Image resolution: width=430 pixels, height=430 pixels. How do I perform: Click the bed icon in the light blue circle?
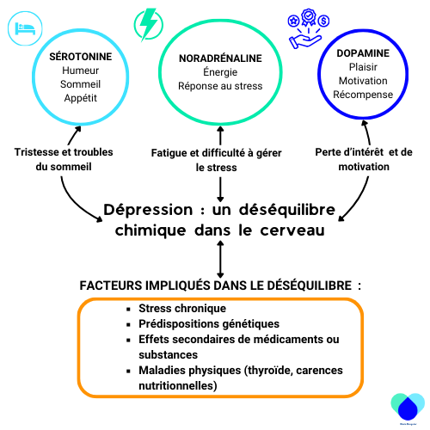25,28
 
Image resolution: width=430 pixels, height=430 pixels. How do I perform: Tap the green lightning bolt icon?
149,25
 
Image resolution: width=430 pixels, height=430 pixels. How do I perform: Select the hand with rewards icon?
308,28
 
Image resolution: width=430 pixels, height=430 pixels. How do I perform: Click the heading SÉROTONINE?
81,57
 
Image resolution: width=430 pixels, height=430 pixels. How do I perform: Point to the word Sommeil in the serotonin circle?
80,84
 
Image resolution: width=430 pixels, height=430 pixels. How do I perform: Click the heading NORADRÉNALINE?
220,58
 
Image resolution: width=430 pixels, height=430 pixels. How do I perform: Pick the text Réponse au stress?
220,86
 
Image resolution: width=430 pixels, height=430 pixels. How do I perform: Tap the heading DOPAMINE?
363,53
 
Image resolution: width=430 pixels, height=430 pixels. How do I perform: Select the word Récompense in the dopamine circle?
363,95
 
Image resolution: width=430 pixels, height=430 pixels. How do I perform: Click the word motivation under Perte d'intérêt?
364,167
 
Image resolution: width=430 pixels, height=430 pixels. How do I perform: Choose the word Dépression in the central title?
148,210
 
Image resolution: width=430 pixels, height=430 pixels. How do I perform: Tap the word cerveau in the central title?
292,230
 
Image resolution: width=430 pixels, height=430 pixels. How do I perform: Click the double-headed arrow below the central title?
220,259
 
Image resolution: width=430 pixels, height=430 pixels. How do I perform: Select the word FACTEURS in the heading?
111,286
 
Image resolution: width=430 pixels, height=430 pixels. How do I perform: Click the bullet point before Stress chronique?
128,309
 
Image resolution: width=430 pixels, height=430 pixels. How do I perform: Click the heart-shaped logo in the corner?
408,407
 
